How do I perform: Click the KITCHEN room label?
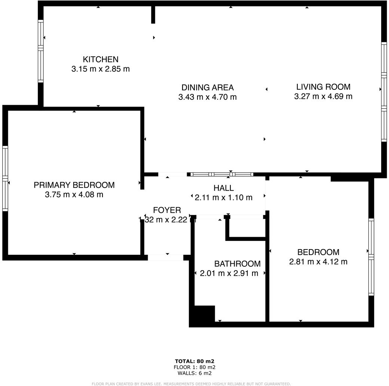[100, 59]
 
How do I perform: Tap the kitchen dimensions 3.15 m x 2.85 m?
[100, 69]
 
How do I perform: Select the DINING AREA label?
[207, 88]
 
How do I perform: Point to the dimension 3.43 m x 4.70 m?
[207, 97]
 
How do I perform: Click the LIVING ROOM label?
[323, 87]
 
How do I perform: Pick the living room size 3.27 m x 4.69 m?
[323, 96]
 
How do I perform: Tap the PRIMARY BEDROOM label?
[74, 185]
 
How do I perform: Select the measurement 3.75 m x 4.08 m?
[74, 194]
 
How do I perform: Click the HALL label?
[223, 188]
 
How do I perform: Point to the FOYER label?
[167, 210]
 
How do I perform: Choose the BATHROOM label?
[237, 264]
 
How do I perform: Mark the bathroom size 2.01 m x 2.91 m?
[229, 273]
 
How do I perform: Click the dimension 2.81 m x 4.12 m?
[318, 262]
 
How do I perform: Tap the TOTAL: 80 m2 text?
[194, 361]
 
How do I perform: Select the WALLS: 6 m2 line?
[194, 373]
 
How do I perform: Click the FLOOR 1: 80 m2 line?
[194, 367]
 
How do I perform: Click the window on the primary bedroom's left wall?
[5, 178]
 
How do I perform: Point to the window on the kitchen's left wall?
[40, 51]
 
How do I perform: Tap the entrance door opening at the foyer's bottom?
[165, 257]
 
